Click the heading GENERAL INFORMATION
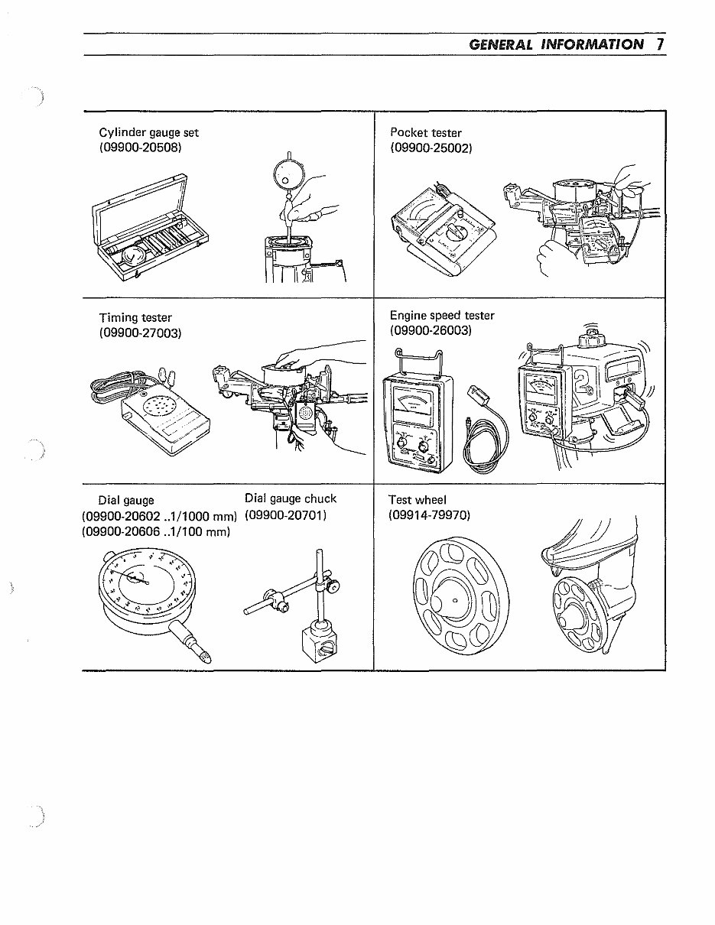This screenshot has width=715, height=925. [556, 44]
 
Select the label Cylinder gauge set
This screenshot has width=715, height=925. [149, 133]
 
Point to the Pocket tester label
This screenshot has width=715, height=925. [425, 133]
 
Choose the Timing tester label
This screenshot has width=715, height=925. [135, 318]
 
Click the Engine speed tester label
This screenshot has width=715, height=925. [442, 316]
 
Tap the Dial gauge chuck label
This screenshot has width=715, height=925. [291, 499]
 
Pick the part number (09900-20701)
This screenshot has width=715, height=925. [286, 515]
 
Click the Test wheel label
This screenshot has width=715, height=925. [417, 501]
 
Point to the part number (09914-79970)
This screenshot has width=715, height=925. [429, 515]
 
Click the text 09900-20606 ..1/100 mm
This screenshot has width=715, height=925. [156, 531]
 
